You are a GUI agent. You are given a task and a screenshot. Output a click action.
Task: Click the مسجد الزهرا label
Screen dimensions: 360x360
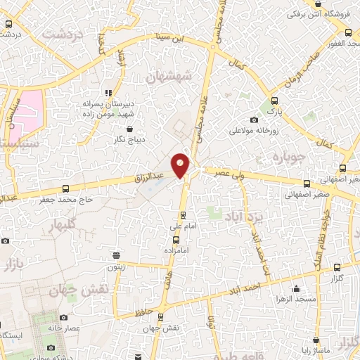(x=297, y=300)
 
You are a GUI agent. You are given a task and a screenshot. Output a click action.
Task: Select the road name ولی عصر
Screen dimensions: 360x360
(x=231, y=172)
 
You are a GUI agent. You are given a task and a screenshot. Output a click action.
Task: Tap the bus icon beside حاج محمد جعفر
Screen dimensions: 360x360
(x=65, y=188)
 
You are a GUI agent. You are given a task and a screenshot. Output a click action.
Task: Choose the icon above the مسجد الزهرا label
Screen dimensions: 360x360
(x=297, y=288)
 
